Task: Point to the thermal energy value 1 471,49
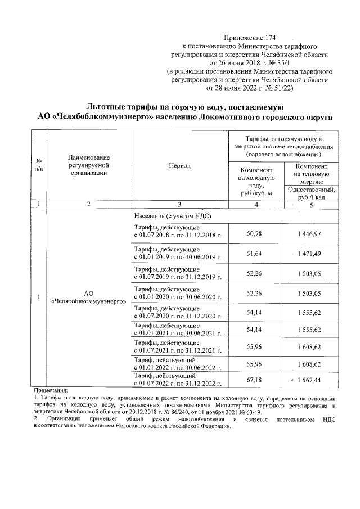(x=310, y=255)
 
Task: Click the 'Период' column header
(x=179, y=166)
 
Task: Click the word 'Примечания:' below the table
(x=51, y=390)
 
